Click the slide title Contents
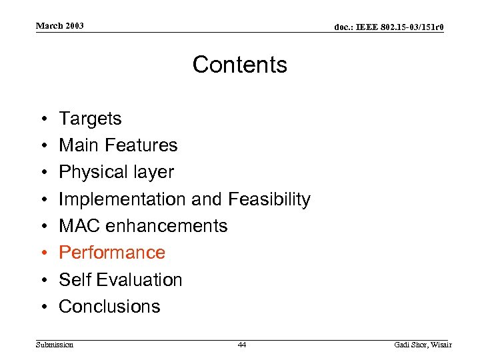[x=240, y=65]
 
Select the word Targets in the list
[x=90, y=119]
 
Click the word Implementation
[x=123, y=199]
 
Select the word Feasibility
[x=269, y=199]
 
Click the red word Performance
[x=112, y=253]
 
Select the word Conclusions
[x=110, y=307]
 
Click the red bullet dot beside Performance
[x=43, y=253]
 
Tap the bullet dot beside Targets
[x=43, y=119]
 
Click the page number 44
[x=241, y=345]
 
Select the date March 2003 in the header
[x=60, y=26]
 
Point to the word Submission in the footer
[x=55, y=345]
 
